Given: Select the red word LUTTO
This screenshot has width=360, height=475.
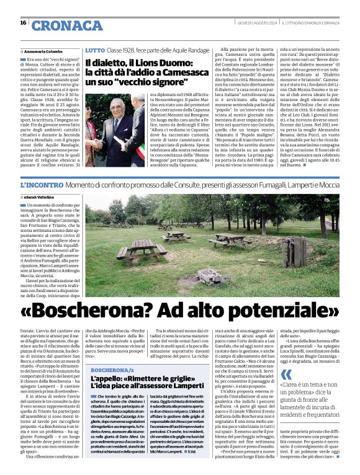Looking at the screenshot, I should (x=94, y=49).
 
